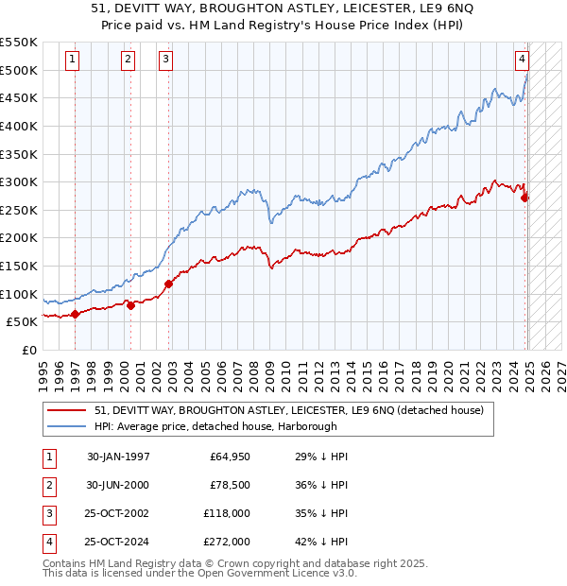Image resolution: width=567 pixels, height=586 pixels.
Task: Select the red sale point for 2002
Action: pyautogui.click(x=168, y=284)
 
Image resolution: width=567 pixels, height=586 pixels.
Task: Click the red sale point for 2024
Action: pyautogui.click(x=525, y=198)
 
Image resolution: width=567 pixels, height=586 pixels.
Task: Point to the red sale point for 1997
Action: pyautogui.click(x=75, y=314)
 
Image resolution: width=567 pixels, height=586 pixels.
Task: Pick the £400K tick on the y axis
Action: pyautogui.click(x=21, y=126)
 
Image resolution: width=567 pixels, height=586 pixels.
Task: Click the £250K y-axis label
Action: pyautogui.click(x=21, y=210)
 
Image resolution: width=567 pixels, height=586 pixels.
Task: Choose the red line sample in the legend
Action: pyautogui.click(x=66, y=410)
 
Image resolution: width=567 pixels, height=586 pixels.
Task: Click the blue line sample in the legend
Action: pyautogui.click(x=66, y=426)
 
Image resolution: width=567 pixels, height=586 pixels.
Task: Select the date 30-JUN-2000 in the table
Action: pyautogui.click(x=117, y=485)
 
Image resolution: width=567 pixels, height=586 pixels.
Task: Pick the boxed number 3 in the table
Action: pyautogui.click(x=47, y=513)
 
